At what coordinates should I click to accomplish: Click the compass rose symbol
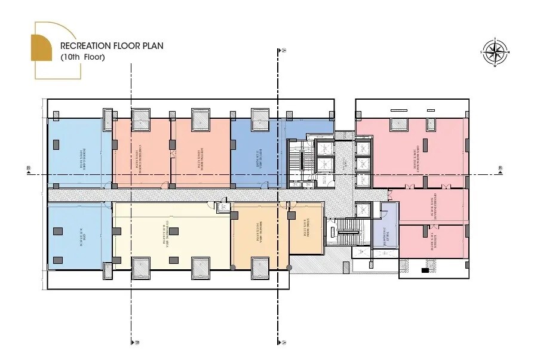pyautogui.click(x=494, y=52)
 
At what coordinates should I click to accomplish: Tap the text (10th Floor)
pyautogui.click(x=82, y=57)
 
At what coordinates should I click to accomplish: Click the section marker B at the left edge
pyautogui.click(x=28, y=169)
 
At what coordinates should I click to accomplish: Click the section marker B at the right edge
pyautogui.click(x=501, y=169)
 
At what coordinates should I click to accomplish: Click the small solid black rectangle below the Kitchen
pyautogui.click(x=425, y=270)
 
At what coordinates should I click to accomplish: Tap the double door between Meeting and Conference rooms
pyautogui.click(x=172, y=153)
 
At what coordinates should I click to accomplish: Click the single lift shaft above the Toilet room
pyautogui.click(x=364, y=210)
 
